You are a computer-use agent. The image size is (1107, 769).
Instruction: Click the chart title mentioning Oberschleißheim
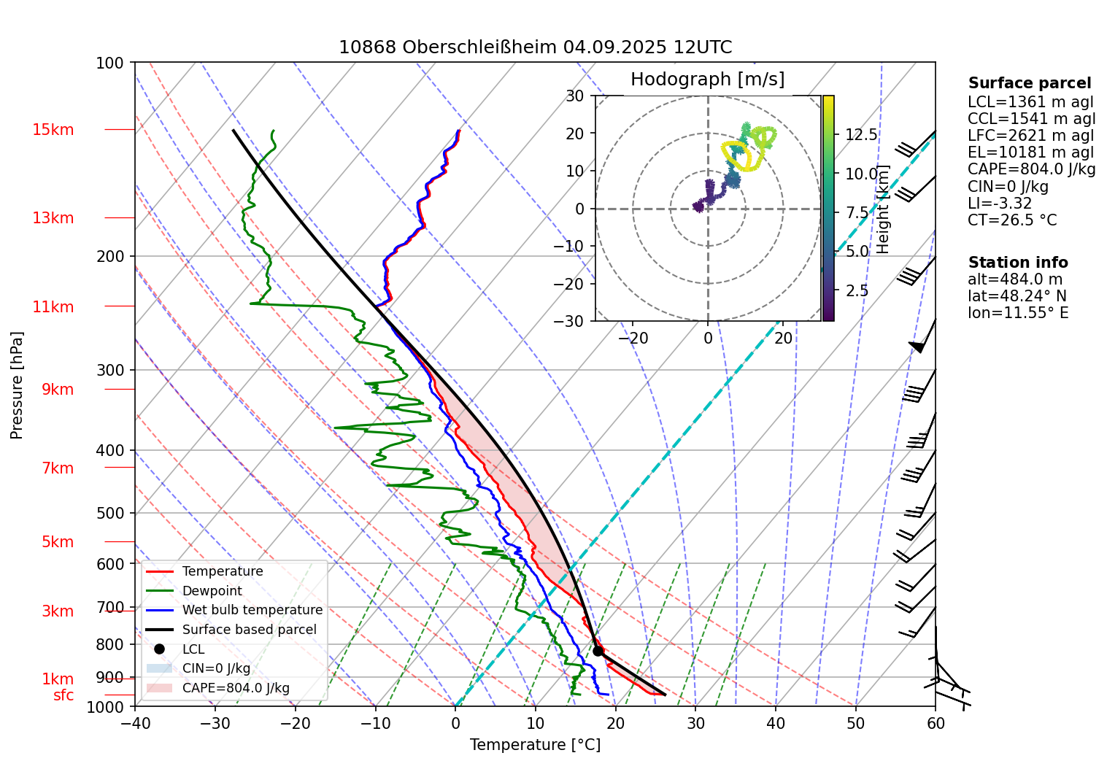point(535,47)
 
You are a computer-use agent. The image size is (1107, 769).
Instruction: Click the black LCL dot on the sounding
point(598,651)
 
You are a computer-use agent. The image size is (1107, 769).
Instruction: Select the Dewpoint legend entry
point(212,591)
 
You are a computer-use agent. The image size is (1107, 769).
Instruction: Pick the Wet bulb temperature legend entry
point(252,610)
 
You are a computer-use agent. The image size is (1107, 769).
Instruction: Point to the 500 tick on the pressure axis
point(111,513)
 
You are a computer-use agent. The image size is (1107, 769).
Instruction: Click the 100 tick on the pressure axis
point(110,63)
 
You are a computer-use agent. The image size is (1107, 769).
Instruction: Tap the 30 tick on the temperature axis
point(695,723)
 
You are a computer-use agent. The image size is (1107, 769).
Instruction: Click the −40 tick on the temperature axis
point(135,723)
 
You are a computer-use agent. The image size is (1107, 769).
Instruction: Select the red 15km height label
point(53,130)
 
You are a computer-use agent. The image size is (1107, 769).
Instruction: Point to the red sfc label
point(63,695)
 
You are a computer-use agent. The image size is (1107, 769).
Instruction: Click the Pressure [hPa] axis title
point(17,385)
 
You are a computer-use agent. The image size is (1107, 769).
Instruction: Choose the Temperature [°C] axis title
point(535,745)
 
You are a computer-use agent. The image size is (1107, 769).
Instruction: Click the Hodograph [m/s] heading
point(707,80)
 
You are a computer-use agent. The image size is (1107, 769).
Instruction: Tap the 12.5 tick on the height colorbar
point(861,135)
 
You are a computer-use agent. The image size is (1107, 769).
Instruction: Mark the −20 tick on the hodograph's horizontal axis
point(633,338)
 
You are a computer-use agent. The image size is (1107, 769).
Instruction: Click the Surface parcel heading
point(1030,83)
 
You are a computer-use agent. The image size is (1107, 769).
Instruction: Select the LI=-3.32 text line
point(1000,204)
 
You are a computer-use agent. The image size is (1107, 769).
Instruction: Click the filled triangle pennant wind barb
point(917,347)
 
